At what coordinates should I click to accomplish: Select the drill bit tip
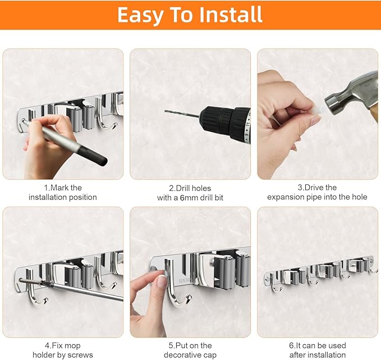click(x=167, y=112)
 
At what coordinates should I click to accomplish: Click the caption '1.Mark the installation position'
click(x=63, y=192)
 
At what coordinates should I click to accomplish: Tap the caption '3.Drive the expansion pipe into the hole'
click(x=317, y=192)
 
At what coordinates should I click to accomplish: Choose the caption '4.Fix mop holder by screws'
click(x=63, y=350)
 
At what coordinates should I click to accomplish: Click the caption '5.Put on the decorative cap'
click(x=190, y=350)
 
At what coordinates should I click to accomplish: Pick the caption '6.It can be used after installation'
click(x=317, y=350)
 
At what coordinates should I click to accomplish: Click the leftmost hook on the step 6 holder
click(x=274, y=284)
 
